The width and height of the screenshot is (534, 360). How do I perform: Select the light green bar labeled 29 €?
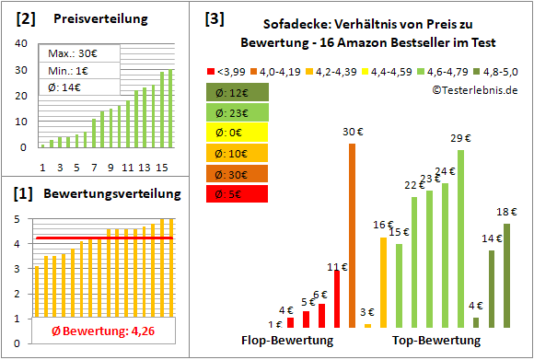(x=460, y=238)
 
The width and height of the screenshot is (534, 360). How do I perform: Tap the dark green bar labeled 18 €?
(x=506, y=275)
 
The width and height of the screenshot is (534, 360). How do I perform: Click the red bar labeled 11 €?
(x=337, y=298)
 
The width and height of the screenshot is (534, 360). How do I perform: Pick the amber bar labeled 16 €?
(x=383, y=282)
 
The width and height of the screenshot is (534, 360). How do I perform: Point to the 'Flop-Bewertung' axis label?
(x=286, y=340)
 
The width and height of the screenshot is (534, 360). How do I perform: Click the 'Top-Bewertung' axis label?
(x=435, y=340)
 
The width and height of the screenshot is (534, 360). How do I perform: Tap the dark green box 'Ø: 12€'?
(x=236, y=92)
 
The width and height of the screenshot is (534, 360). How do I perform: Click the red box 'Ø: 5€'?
(x=236, y=193)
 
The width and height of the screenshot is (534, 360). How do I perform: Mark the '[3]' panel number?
(x=214, y=18)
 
